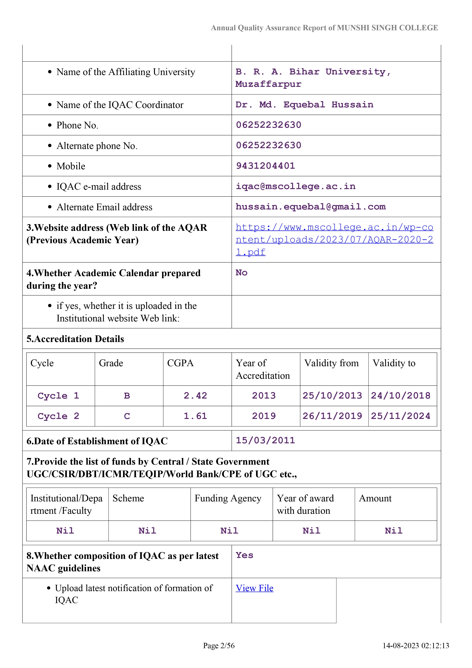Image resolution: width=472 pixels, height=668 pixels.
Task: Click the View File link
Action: [x=254, y=588]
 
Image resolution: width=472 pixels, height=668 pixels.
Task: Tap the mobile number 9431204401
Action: [x=265, y=166]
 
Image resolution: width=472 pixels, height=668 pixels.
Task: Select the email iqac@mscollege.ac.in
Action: [x=295, y=186]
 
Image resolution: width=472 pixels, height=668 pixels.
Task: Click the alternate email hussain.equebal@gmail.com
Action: [x=310, y=207]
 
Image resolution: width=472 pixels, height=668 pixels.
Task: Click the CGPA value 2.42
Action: [x=195, y=396]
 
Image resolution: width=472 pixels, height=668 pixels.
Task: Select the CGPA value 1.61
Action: [x=195, y=416]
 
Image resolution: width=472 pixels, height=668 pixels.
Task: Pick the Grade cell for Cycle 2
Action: [x=127, y=416]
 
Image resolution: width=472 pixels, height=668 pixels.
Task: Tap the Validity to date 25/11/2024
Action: [x=400, y=416]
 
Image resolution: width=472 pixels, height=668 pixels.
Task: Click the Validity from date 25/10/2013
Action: [x=332, y=396]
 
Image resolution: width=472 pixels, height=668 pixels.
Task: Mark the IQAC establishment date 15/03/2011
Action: [x=265, y=440]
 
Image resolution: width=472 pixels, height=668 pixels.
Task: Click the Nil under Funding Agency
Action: [x=229, y=531]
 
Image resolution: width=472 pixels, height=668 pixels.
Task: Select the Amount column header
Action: [x=375, y=498]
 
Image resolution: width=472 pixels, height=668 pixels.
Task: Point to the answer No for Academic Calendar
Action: [x=241, y=273]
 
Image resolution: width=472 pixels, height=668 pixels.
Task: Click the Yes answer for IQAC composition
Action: [x=244, y=555]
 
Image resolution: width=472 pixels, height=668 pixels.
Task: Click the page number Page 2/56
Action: [x=219, y=646]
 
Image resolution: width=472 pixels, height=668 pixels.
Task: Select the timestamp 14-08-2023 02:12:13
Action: [x=416, y=646]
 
